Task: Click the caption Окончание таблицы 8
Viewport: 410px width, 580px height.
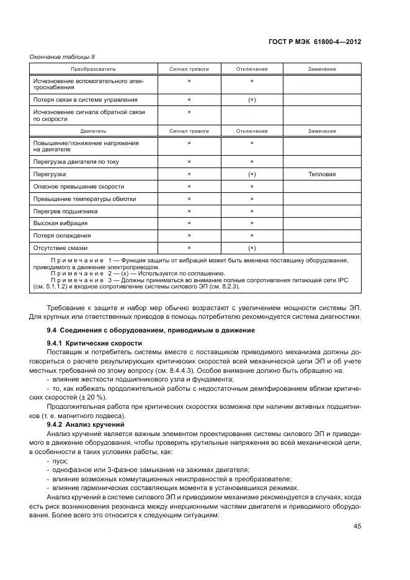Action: [x=56, y=57]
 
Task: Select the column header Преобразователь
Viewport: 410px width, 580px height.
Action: [x=93, y=69]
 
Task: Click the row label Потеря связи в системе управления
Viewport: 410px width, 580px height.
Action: [x=85, y=99]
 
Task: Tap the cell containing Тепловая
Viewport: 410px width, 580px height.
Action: [x=322, y=174]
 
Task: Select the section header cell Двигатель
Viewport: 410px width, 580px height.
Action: [x=93, y=131]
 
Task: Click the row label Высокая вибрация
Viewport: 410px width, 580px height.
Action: [x=60, y=223]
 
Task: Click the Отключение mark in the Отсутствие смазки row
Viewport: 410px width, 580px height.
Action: [x=252, y=248]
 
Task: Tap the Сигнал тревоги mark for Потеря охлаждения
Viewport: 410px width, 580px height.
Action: [x=189, y=236]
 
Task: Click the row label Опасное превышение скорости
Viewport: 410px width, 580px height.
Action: [x=79, y=186]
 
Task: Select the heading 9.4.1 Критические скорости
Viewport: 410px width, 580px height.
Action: [x=94, y=343]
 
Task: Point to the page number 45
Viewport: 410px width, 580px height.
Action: [x=357, y=526]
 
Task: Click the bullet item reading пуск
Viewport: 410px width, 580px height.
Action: [x=61, y=462]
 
